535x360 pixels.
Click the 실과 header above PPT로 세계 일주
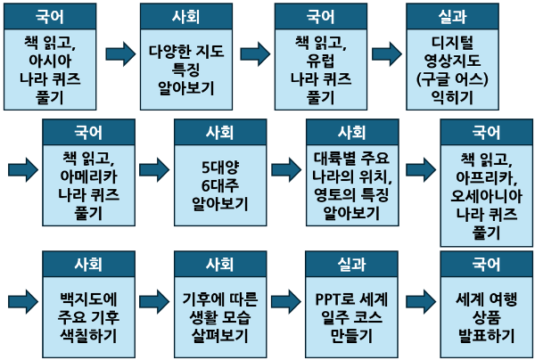(x=351, y=265)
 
